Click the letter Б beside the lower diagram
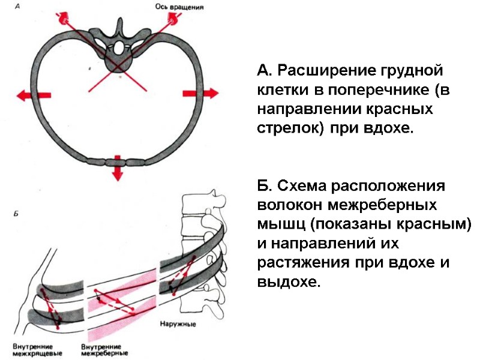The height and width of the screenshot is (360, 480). click(16, 213)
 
